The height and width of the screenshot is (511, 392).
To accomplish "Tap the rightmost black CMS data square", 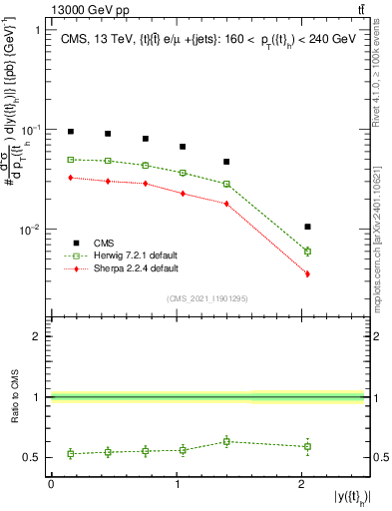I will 307,227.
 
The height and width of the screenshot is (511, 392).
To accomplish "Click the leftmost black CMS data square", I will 70,132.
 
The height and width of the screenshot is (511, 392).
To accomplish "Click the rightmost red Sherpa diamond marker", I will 307,273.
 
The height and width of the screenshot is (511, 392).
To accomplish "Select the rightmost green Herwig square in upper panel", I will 307,252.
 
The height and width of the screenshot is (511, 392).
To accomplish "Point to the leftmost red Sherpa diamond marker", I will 70,178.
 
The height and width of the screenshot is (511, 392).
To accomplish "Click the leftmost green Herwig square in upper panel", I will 70,160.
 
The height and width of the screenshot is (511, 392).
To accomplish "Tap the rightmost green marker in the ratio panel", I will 307,446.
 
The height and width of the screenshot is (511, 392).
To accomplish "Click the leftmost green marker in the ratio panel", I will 70,453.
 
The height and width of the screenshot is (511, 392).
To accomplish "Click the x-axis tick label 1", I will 177,484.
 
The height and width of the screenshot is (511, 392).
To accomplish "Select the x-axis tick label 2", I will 302,484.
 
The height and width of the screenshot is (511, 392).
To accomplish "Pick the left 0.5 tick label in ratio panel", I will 33,458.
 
